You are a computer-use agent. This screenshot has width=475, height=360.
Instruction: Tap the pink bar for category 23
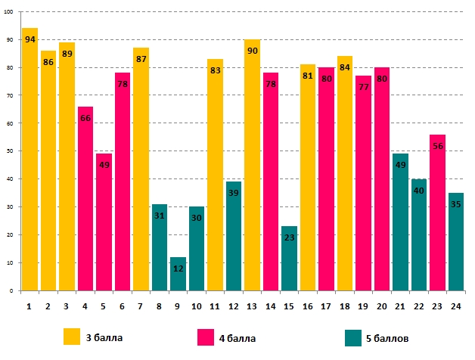(437, 219)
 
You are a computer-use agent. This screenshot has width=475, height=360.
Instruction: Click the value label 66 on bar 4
(85, 119)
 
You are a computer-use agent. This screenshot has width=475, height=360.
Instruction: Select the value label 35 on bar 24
(455, 204)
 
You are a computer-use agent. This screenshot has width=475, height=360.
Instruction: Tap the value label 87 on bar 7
(141, 60)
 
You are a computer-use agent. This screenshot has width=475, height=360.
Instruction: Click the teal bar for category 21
(400, 227)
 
